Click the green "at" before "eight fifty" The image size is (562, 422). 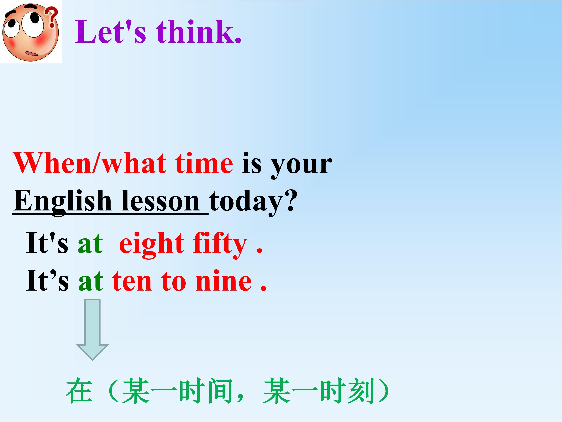[91, 244]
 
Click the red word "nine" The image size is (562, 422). [224, 281]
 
